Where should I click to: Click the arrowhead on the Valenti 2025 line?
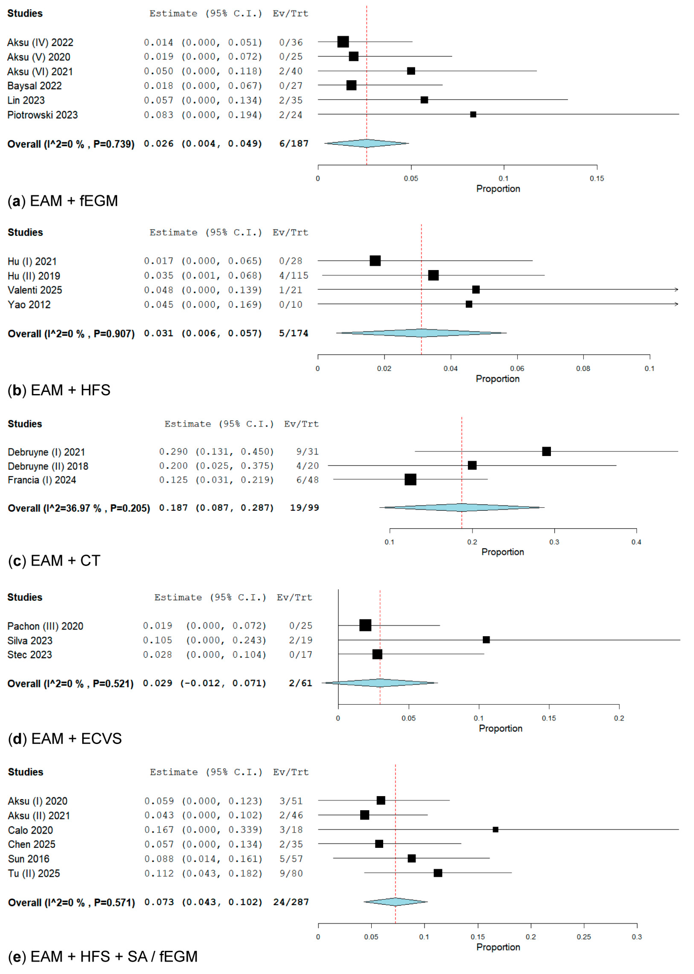click(x=676, y=290)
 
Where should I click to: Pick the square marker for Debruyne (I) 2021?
click(x=546, y=452)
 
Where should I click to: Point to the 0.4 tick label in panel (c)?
click(x=636, y=542)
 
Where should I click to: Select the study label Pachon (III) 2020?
click(x=45, y=626)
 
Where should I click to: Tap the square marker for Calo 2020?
click(x=495, y=830)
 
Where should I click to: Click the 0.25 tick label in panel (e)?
click(x=584, y=937)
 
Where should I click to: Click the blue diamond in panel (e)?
click(x=395, y=902)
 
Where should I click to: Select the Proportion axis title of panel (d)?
click(x=500, y=728)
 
